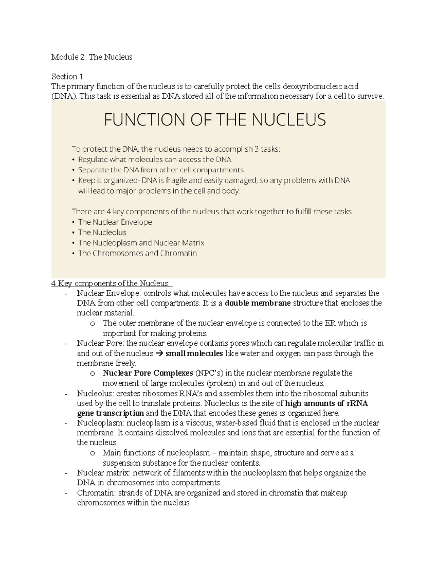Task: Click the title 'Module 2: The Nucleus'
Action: click(x=92, y=57)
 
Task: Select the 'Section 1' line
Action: click(x=67, y=77)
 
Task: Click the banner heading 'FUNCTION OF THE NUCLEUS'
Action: click(x=215, y=120)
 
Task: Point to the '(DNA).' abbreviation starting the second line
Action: click(x=64, y=96)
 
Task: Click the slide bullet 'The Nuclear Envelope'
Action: click(x=115, y=222)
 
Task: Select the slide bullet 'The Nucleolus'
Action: click(x=102, y=232)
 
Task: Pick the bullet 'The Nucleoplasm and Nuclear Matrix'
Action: click(x=141, y=243)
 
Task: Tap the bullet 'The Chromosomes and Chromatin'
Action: click(x=137, y=253)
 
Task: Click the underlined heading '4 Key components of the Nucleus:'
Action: click(x=112, y=283)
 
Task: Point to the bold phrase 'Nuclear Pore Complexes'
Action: click(x=148, y=373)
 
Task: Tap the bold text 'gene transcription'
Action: click(x=111, y=413)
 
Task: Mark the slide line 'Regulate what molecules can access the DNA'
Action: click(x=155, y=160)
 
